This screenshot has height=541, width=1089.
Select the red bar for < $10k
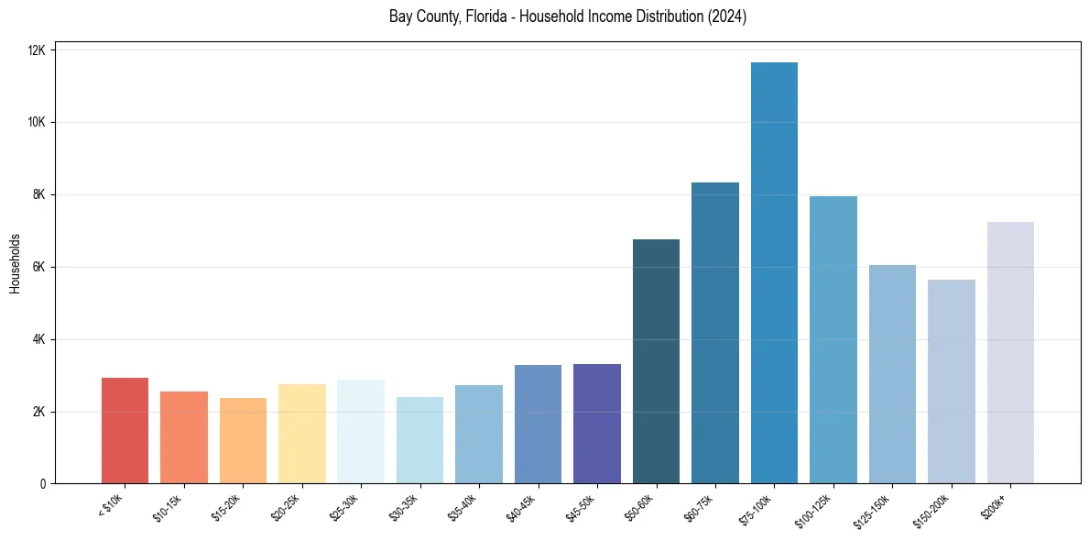click(125, 431)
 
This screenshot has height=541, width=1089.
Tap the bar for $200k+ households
click(1010, 353)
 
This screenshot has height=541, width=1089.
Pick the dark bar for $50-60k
click(656, 361)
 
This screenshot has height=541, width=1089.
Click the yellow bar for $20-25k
click(302, 434)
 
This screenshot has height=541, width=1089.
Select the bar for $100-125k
click(833, 340)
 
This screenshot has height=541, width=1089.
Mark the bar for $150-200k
click(952, 381)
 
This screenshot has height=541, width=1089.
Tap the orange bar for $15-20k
click(243, 441)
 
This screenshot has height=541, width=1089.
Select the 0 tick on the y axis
click(42, 484)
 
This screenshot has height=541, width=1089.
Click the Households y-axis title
click(15, 262)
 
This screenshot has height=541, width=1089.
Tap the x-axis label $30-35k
click(404, 506)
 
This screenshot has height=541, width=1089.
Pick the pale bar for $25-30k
click(361, 432)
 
